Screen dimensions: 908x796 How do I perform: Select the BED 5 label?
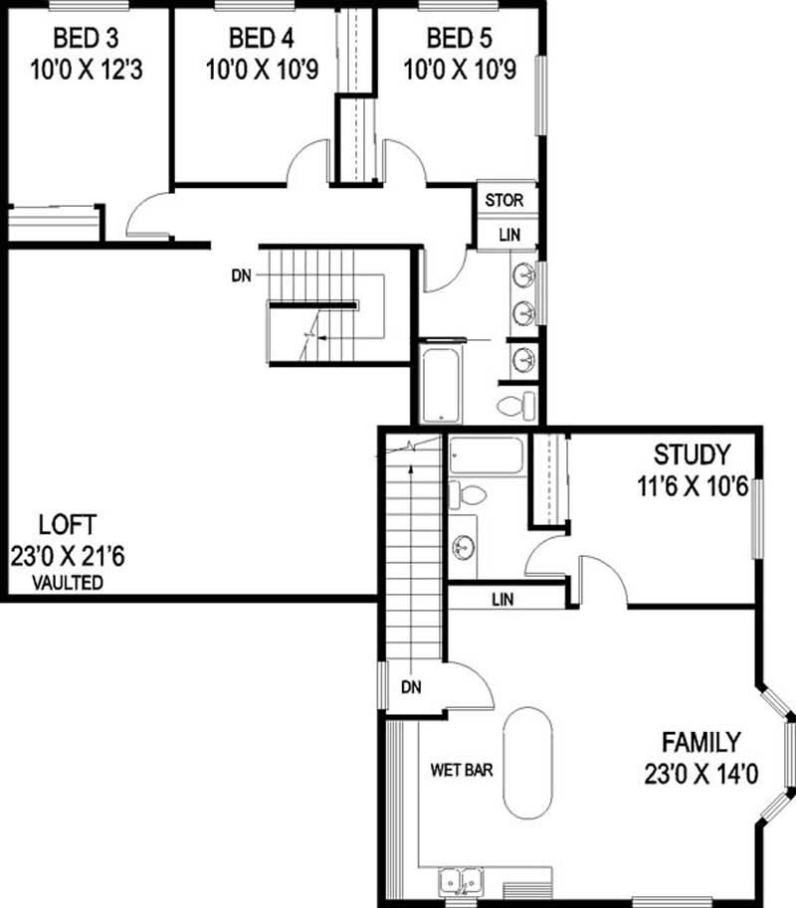(x=459, y=40)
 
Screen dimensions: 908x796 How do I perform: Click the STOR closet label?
(x=503, y=201)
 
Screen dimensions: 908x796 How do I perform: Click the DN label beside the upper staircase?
(x=240, y=273)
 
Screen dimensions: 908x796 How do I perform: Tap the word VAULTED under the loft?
(x=68, y=584)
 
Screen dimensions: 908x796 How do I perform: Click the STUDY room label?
(x=692, y=456)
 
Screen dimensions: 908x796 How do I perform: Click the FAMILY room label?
(x=700, y=742)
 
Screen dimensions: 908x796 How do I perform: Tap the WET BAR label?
(x=462, y=769)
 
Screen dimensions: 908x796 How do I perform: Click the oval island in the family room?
(x=528, y=763)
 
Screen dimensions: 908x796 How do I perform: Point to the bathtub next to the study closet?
(x=486, y=455)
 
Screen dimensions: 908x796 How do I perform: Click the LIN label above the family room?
(x=503, y=600)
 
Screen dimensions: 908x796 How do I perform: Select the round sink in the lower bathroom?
(x=463, y=547)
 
